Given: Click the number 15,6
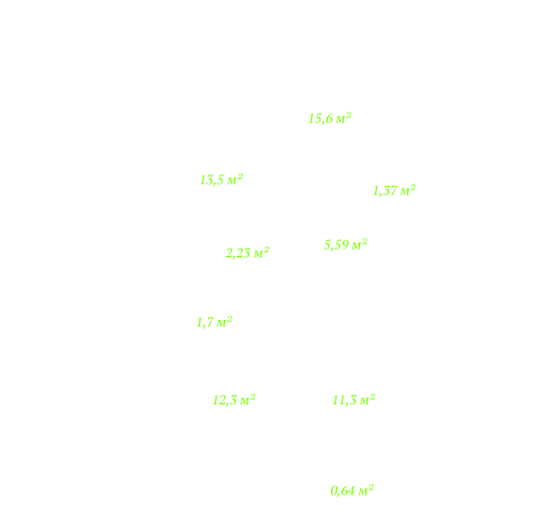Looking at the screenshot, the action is (321, 118).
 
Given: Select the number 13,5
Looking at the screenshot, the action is (212, 180).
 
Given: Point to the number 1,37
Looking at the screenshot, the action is (385, 190).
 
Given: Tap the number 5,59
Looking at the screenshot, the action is (337, 245).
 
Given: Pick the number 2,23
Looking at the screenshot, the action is (238, 253).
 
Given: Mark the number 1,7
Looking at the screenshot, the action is (205, 323).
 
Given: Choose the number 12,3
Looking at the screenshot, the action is (225, 400).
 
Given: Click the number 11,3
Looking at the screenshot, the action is (344, 400).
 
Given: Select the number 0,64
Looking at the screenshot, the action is (343, 491).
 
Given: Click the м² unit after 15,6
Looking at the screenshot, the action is (343, 118).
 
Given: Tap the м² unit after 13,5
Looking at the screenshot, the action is (235, 179).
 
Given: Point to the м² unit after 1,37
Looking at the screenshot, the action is (408, 190).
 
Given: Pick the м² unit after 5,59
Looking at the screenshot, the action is (360, 244).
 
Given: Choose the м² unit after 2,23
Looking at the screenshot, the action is (262, 252).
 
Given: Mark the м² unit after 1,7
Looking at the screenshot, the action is (224, 322).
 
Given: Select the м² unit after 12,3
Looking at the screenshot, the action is (247, 400).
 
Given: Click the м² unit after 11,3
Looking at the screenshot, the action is (367, 400).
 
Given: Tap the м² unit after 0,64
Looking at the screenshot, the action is (366, 490).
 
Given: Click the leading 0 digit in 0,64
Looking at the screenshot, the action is (334, 491).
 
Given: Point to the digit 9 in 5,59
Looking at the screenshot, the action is (346, 245).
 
